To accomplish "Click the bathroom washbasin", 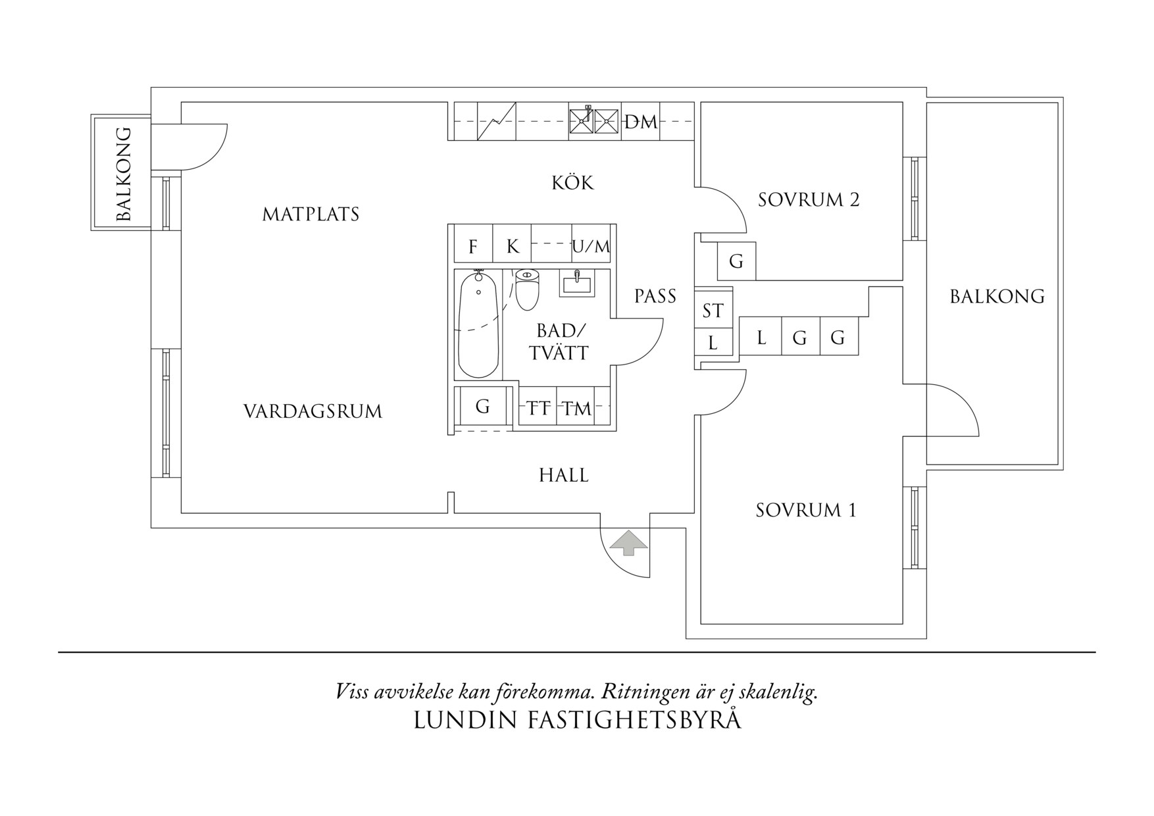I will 577,284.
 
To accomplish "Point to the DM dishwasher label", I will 640,122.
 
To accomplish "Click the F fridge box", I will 473,246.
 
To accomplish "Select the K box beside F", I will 513,246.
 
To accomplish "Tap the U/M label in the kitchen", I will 591,247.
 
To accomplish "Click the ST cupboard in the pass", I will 713,311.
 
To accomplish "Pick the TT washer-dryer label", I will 538,409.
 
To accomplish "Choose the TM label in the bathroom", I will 577,409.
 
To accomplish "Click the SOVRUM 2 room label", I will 809,199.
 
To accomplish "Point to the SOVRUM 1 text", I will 806,510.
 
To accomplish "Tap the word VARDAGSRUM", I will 313,411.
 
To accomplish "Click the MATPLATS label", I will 311,214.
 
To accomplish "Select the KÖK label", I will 572,182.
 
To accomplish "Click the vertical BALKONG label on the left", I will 123,174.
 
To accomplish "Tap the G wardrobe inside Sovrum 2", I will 736,261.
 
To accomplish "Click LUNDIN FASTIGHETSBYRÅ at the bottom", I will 577,720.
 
